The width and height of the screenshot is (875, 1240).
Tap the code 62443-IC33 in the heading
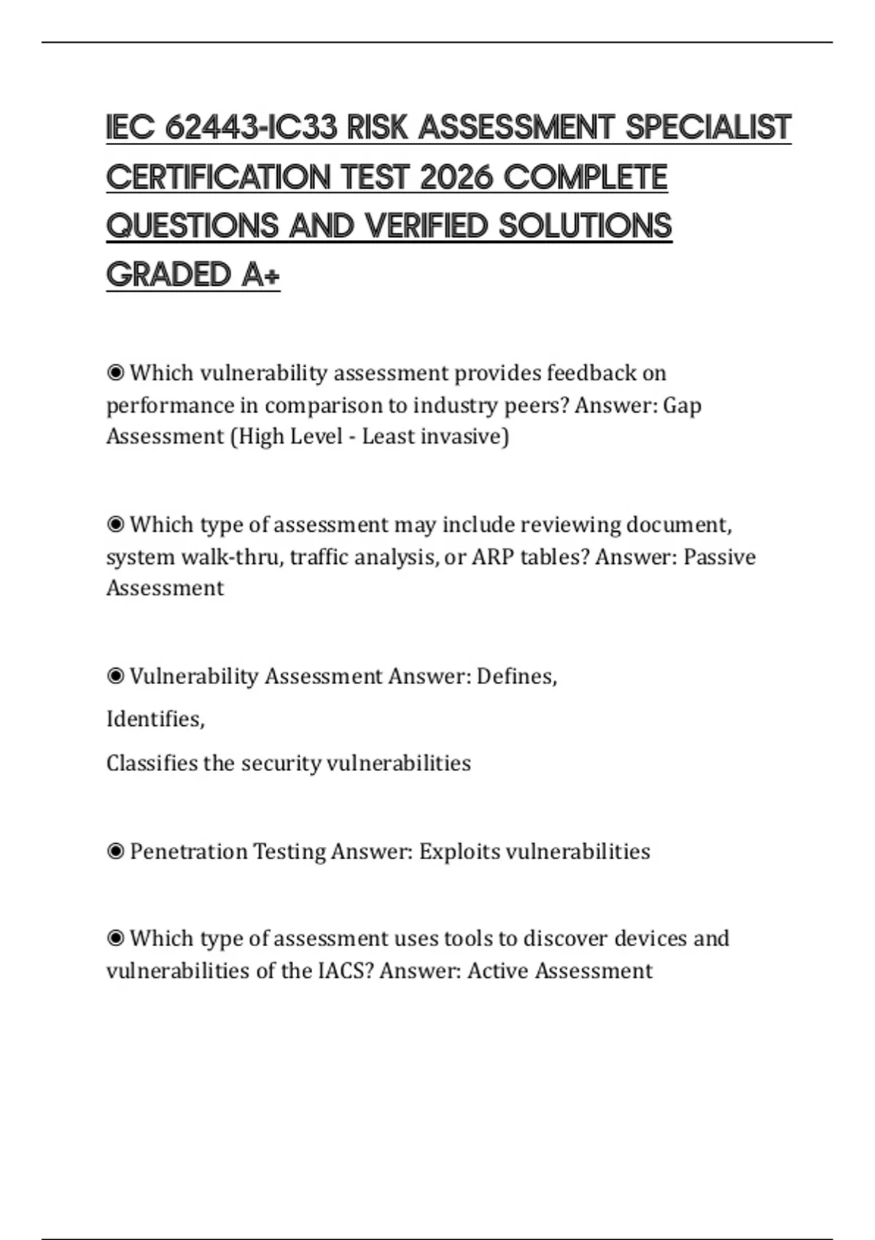(252, 128)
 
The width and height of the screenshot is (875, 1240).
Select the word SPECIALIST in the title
(708, 128)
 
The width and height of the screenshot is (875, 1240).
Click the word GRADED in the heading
(168, 275)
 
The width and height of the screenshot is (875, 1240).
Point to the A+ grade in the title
(260, 275)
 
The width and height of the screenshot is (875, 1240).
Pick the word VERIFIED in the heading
(426, 226)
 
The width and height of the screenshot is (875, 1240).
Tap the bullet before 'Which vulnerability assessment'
(115, 373)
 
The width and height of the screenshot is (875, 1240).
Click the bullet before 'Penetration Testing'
(115, 851)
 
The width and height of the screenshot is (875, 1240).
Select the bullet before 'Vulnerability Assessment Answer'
(115, 677)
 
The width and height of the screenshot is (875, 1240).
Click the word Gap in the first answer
(682, 405)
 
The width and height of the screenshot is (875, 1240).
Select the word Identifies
(155, 719)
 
